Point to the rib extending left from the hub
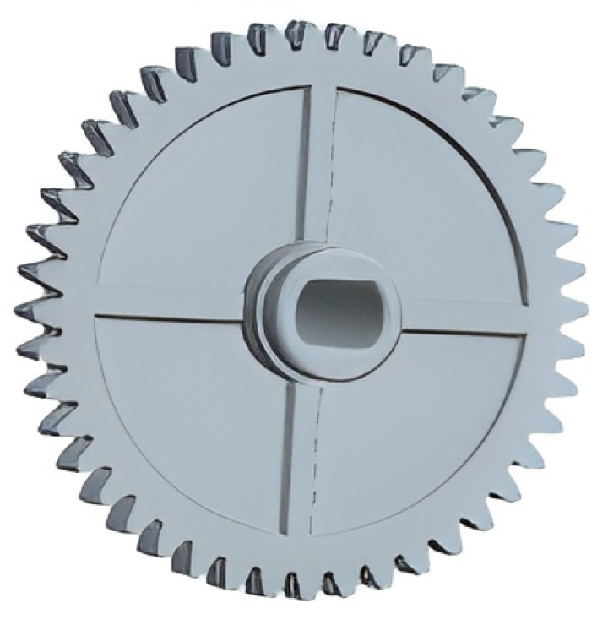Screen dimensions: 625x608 coord(169,302)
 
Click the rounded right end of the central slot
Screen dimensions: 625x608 coord(385,312)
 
